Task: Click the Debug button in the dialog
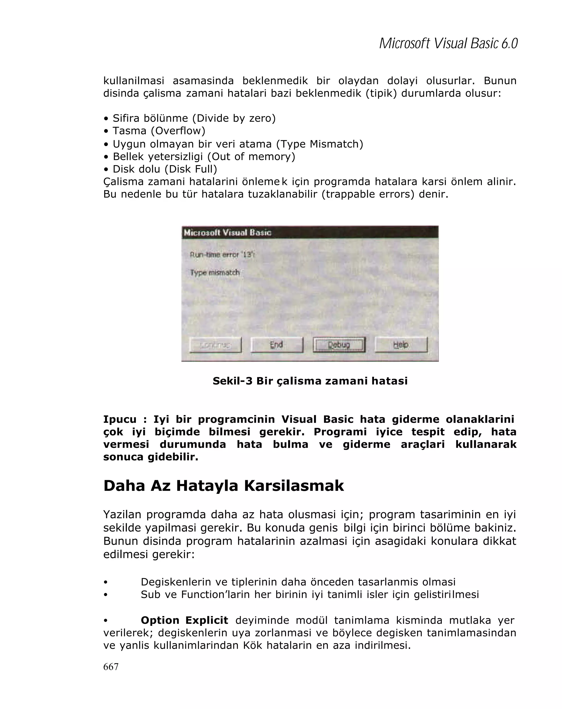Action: coord(339,345)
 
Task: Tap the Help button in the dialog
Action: coord(401,345)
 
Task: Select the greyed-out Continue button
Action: coord(215,345)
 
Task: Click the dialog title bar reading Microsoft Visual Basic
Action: coord(309,232)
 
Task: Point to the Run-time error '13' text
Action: coord(222,255)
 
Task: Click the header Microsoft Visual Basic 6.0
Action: coord(448,43)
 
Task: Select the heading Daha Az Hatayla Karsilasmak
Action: coord(223,485)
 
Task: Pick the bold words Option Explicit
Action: coord(184,620)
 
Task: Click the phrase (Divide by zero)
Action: coord(234,118)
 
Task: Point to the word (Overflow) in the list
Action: coord(178,131)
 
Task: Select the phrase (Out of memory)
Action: coord(251,156)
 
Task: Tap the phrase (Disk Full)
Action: coord(191,169)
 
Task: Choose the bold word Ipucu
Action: coord(120,419)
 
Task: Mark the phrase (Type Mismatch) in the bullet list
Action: coord(319,144)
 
